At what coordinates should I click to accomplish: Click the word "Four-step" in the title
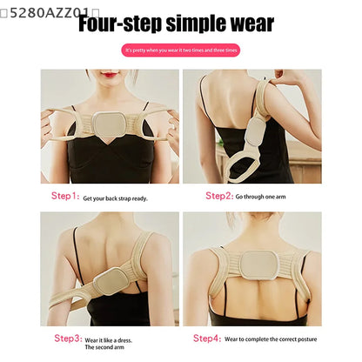pyautogui.click(x=122, y=23)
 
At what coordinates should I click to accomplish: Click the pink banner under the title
pyautogui.click(x=182, y=50)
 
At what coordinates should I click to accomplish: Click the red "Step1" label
pyautogui.click(x=65, y=198)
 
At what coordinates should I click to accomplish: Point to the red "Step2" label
pyautogui.click(x=219, y=196)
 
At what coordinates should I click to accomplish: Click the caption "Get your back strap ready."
pyautogui.click(x=115, y=198)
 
